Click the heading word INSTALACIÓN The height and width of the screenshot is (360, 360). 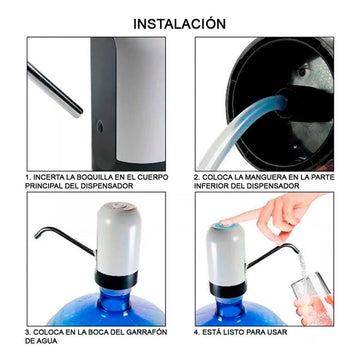click(x=180, y=24)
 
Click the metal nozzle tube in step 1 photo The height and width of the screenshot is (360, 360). click(x=55, y=90)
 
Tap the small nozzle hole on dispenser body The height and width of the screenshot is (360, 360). click(x=100, y=126)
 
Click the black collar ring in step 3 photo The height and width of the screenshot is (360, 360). click(x=116, y=279)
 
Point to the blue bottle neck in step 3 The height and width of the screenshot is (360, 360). click(x=115, y=303)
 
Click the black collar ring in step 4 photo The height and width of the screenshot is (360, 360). click(x=228, y=289)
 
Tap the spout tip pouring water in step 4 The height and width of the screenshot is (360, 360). click(x=297, y=249)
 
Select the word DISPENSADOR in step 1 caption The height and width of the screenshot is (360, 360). click(x=108, y=186)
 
